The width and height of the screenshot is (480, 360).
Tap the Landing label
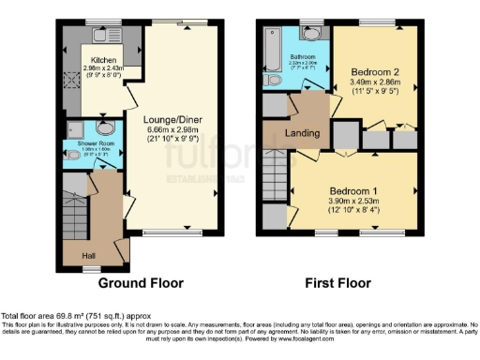[x=300, y=133]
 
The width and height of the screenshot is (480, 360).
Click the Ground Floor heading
[x=141, y=282]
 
